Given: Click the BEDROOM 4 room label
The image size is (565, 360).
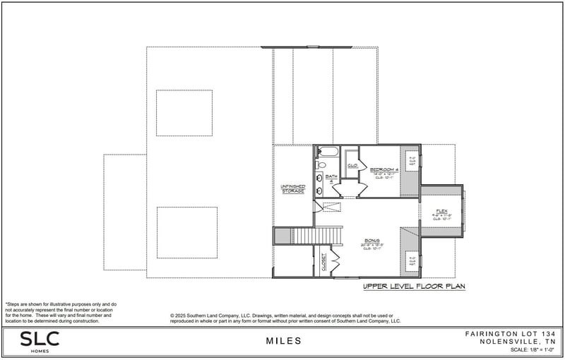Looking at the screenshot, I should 386,169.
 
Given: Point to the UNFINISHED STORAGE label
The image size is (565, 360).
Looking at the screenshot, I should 292,188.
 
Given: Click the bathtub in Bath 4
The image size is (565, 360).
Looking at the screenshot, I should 328,151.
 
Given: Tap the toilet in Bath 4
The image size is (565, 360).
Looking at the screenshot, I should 321,164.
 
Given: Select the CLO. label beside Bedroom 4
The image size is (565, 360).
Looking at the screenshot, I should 351,165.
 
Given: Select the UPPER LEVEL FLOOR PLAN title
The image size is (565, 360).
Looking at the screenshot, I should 414,287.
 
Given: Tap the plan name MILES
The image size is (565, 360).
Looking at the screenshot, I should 284,341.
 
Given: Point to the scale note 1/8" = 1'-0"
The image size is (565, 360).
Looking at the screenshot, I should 530,350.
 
